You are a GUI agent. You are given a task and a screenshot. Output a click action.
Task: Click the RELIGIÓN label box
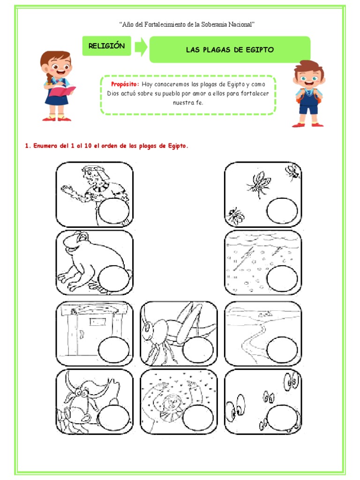tap(106, 46)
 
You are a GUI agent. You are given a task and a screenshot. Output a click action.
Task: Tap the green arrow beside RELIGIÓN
tap(141, 47)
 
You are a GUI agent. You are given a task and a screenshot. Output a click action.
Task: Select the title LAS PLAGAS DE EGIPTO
tap(230, 50)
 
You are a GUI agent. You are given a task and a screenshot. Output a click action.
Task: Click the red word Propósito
tap(125, 84)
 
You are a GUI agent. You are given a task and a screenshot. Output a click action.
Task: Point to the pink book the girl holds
tap(62, 91)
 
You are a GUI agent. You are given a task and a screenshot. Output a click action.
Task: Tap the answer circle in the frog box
tap(114, 279)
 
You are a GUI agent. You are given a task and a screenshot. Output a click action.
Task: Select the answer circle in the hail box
tap(282, 278)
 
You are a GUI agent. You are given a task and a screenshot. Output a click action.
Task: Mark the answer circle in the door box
tap(114, 350)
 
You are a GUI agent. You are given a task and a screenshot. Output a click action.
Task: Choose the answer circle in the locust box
tap(198, 350)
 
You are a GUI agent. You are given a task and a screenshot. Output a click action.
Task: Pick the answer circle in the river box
tap(282, 350)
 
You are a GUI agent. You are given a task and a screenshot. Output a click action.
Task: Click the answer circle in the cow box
tap(114, 418)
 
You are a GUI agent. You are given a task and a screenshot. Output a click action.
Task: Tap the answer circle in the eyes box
tap(282, 418)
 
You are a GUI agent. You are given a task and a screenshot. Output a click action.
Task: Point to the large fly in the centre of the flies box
tap(259, 184)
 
